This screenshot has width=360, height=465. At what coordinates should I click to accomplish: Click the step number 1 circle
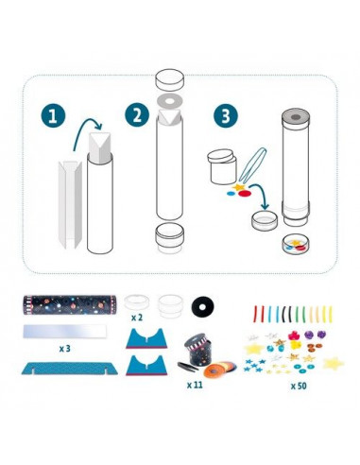[53, 115]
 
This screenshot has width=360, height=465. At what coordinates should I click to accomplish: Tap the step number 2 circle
[137, 115]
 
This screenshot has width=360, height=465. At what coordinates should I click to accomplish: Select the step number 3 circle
[226, 115]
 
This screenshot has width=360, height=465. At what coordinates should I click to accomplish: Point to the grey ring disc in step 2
[170, 102]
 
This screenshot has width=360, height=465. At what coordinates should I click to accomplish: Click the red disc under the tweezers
[244, 194]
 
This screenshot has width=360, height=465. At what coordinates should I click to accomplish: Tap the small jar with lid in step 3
[222, 166]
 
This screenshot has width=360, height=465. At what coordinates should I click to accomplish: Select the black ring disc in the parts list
[202, 305]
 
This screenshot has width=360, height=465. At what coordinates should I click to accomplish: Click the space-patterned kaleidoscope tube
[69, 304]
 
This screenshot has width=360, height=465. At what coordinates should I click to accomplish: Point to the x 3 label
[64, 349]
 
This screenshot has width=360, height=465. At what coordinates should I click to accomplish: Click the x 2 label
[137, 318]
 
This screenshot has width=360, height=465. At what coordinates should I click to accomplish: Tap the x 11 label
[195, 385]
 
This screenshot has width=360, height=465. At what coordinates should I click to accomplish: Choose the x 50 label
[299, 386]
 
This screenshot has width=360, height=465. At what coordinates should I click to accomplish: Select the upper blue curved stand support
[146, 338]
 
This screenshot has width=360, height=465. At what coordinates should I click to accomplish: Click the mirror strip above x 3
[64, 331]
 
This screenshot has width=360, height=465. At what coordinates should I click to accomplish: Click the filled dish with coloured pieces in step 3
[296, 245]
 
